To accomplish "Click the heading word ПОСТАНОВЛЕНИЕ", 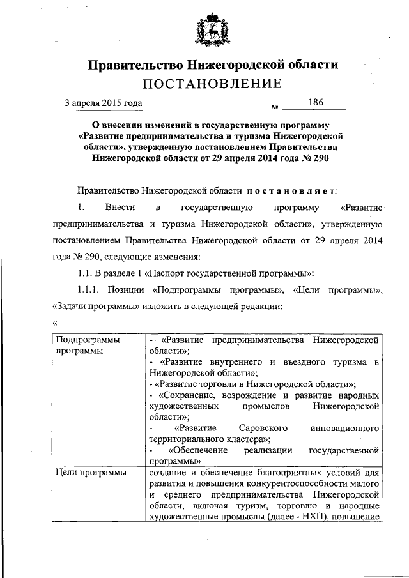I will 212,84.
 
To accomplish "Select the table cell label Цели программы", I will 91,473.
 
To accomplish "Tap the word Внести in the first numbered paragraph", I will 118,207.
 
